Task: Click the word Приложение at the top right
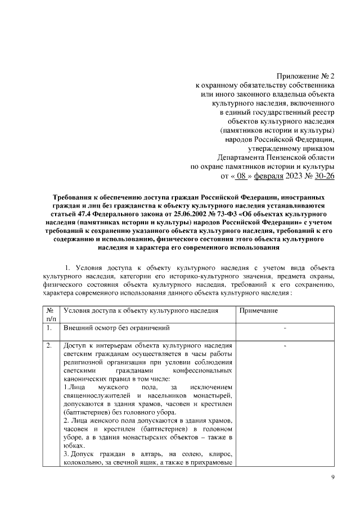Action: pyautogui.click(x=296, y=76)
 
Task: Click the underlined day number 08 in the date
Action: pyautogui.click(x=241, y=177)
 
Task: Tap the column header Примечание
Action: pyautogui.click(x=259, y=310)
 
